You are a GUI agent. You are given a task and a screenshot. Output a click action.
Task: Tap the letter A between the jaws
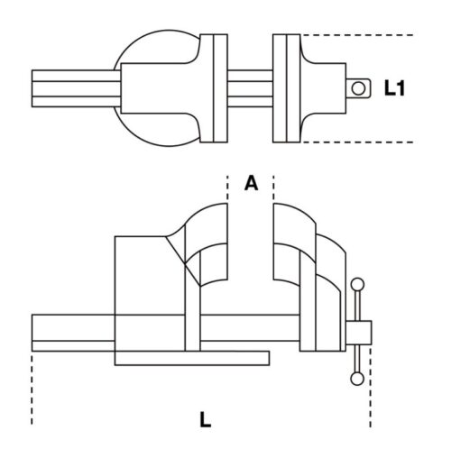coord(252,183)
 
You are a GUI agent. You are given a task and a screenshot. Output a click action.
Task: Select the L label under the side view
coord(206,418)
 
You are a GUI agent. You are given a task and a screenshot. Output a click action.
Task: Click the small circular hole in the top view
coord(358,87)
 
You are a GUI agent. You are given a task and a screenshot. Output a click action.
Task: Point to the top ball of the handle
coord(356,285)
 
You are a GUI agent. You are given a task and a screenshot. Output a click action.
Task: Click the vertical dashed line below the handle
coord(370,397)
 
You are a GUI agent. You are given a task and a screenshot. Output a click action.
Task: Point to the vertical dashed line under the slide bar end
coord(32,388)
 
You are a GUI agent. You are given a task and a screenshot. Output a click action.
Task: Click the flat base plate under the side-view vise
coord(191,358)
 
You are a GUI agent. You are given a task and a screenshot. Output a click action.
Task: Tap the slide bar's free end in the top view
coord(41,87)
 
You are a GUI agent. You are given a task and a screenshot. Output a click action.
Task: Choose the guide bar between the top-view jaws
coord(249,87)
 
